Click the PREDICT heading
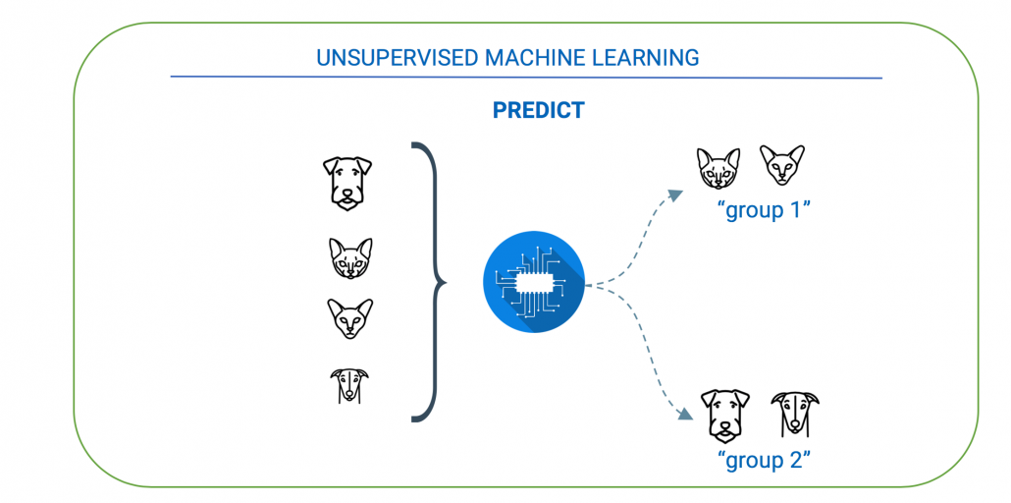(x=538, y=110)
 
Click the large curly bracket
(x=428, y=282)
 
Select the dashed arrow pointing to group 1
(x=638, y=231)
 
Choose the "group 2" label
(x=763, y=459)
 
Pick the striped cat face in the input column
(x=349, y=258)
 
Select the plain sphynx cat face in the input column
(x=349, y=318)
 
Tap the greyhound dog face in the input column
(x=348, y=384)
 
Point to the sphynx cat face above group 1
(x=783, y=165)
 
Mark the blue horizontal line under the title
(x=525, y=77)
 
